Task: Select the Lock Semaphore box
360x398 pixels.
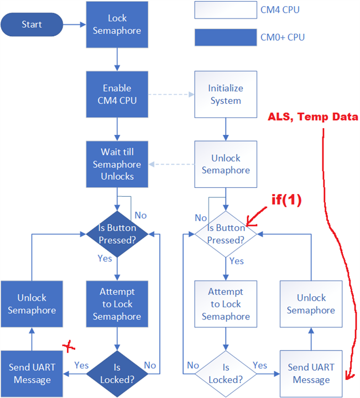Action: click(117, 25)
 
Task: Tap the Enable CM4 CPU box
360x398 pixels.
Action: click(117, 95)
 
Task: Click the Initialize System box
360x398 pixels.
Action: click(225, 95)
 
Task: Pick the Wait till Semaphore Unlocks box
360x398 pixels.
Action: click(117, 164)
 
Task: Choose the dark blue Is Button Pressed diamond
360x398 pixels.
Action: click(117, 234)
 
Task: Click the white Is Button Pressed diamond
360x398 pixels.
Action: click(225, 234)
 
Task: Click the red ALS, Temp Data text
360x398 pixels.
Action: click(313, 117)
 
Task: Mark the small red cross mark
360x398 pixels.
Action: click(69, 347)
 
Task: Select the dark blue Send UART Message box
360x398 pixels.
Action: click(30, 373)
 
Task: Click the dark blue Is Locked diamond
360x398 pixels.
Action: click(117, 373)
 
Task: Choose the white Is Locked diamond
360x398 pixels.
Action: click(225, 373)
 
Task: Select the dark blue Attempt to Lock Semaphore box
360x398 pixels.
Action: click(117, 303)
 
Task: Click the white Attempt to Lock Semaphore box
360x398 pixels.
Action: click(225, 303)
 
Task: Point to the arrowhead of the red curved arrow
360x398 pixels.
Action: click(347, 378)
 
